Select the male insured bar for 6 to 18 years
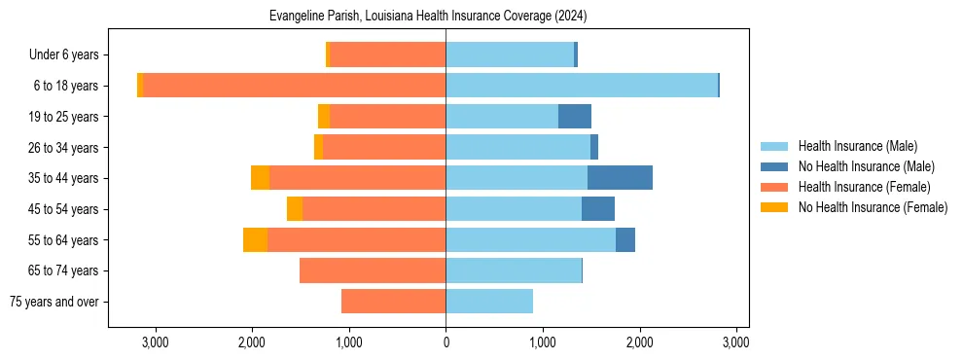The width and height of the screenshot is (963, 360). click(581, 86)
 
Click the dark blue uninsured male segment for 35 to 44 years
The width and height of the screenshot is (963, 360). click(620, 178)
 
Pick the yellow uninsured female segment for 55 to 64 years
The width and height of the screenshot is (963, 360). click(255, 239)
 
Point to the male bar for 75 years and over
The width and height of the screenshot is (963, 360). click(489, 302)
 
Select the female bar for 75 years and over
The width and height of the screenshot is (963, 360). click(393, 302)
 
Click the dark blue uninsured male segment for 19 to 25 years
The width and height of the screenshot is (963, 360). click(575, 117)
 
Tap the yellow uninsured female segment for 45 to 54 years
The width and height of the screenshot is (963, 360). click(295, 209)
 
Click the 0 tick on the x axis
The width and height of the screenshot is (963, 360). click(446, 342)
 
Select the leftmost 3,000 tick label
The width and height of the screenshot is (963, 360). click(156, 342)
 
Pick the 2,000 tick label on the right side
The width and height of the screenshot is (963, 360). click(639, 342)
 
